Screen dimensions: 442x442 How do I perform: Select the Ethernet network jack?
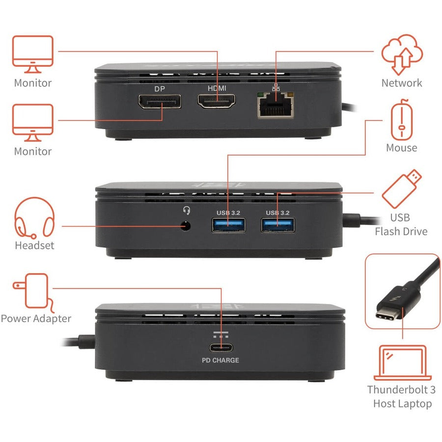tap(276, 105)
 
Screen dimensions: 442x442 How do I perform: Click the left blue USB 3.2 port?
tap(228, 225)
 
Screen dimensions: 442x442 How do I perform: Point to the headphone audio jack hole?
tap(186, 226)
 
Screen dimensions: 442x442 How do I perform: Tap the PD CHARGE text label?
tap(221, 360)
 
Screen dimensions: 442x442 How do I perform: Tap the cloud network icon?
tap(402, 54)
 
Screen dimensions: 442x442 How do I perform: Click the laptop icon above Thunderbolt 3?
tap(402, 363)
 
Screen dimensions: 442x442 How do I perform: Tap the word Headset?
tap(34, 246)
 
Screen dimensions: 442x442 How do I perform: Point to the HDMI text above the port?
tap(217, 88)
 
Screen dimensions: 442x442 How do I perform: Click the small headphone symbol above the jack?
tap(186, 211)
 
